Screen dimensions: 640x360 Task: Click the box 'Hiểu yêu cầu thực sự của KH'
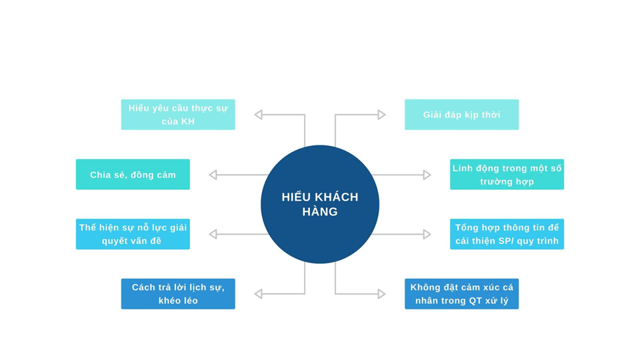click(178, 115)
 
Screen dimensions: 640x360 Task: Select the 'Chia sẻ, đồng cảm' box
click(133, 175)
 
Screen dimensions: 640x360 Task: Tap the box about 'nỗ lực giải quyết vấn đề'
click(133, 234)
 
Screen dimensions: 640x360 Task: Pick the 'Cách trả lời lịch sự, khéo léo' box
click(178, 294)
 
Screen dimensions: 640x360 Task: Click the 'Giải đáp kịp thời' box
click(461, 115)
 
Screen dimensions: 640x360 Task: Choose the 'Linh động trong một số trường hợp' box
click(507, 175)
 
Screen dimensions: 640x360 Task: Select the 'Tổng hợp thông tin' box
click(507, 234)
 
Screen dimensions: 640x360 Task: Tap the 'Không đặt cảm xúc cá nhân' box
click(461, 294)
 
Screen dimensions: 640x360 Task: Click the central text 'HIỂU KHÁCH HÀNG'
click(320, 204)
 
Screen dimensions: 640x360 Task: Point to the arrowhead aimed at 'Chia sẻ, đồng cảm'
click(213, 175)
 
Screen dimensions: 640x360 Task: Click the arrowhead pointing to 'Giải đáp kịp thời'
click(381, 115)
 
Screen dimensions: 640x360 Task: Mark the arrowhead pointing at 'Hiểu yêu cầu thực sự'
click(259, 115)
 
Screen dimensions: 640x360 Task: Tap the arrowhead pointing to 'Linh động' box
click(427, 175)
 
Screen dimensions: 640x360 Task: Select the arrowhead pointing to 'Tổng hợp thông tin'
click(427, 234)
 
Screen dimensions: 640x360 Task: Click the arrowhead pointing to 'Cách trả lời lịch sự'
click(259, 294)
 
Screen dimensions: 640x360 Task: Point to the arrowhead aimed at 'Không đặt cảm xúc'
click(381, 294)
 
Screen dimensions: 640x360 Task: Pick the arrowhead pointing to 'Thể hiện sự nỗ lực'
click(213, 234)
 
